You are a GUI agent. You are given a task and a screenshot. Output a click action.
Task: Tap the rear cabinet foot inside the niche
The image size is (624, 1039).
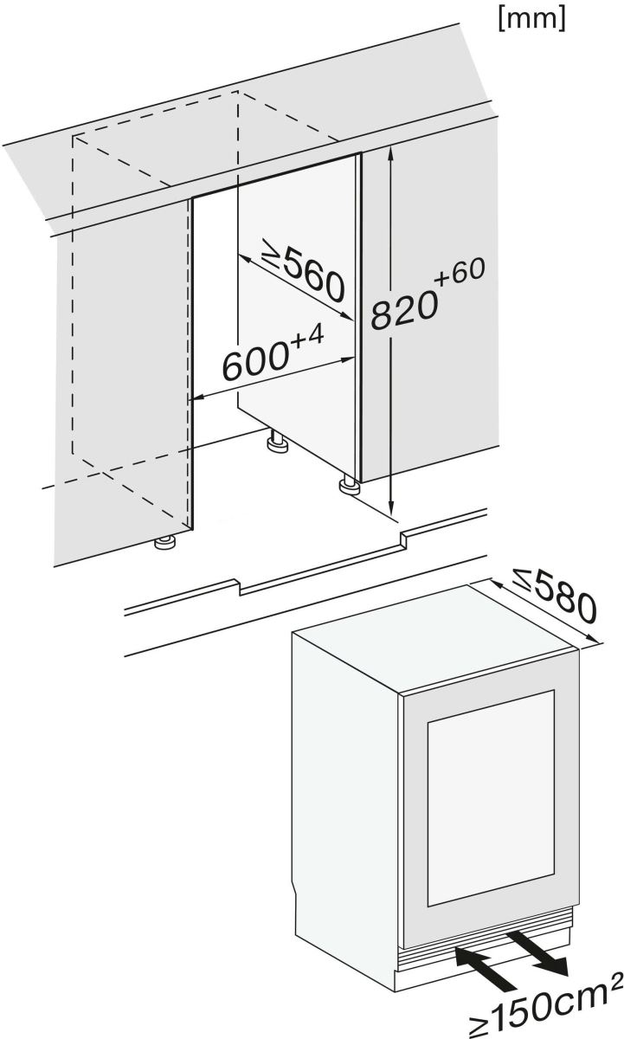(278, 445)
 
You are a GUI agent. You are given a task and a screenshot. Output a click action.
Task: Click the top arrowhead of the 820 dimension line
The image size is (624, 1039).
(392, 152)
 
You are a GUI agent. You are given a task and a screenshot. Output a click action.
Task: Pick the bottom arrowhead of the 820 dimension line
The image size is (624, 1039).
(392, 511)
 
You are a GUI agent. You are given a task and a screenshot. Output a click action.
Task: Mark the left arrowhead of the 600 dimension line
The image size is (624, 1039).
(196, 398)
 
